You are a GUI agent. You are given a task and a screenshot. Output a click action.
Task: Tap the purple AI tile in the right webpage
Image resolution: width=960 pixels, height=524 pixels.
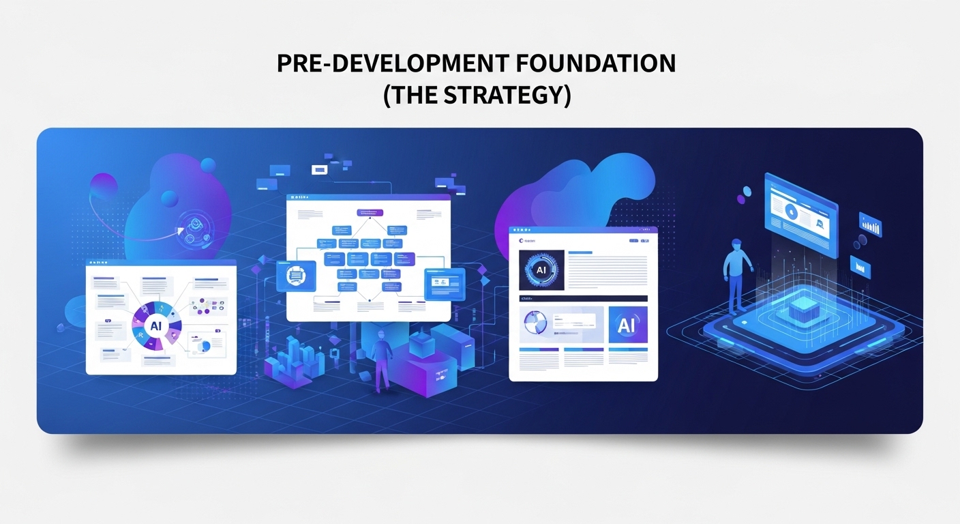(x=627, y=325)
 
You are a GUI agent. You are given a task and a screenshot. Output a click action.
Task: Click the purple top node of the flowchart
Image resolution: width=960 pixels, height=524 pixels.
(x=370, y=212)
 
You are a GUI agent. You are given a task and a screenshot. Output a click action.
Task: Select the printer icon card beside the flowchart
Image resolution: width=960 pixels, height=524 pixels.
(x=296, y=276)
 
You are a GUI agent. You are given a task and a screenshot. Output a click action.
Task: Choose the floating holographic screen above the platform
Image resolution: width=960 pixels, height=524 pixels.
(x=800, y=214)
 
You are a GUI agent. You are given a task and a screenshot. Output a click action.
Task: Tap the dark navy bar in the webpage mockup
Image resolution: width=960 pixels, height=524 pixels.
(x=582, y=298)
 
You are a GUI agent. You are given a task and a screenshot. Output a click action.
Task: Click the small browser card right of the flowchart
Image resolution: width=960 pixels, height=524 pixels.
(x=443, y=283)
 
